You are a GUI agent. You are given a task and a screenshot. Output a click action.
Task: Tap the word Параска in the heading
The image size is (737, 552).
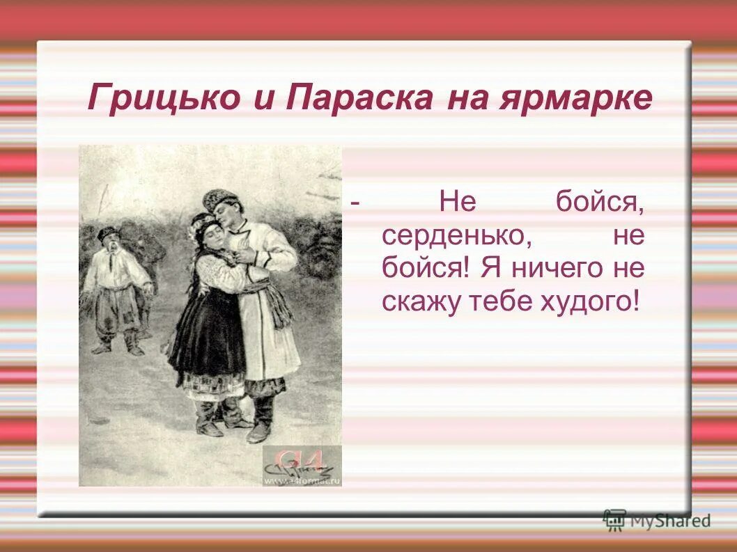(358, 100)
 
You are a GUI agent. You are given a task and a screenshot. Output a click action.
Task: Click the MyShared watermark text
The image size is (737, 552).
(669, 520)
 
